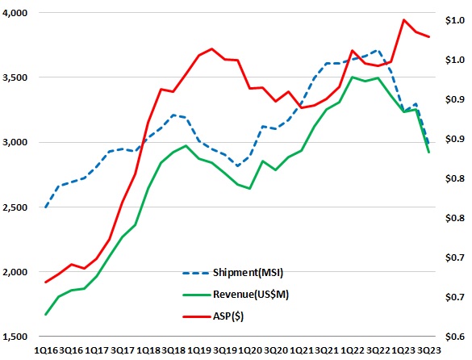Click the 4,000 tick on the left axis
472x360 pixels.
(x=15, y=13)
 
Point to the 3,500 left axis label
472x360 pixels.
(x=15, y=77)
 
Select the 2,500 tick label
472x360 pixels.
(x=15, y=207)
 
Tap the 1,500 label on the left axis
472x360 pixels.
(x=15, y=336)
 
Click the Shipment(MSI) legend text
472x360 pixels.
(x=257, y=272)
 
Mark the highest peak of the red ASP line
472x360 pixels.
(x=403, y=19)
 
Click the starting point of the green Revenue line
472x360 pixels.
(x=45, y=314)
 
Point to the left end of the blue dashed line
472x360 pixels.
(x=45, y=207)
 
